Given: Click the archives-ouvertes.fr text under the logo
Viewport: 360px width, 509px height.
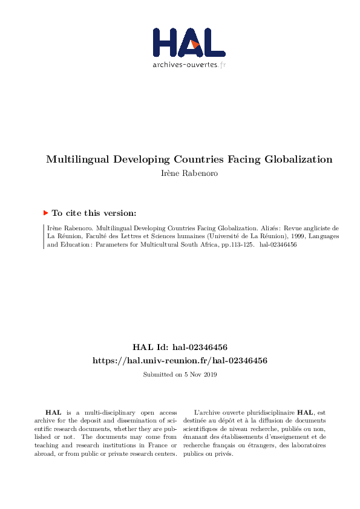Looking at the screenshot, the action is [189, 65].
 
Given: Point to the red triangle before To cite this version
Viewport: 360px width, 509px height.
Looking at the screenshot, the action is [46, 213].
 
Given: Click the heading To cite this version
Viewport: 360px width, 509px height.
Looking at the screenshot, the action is [94, 213].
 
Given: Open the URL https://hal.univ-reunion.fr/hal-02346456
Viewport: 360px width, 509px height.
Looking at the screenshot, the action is [180, 360].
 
